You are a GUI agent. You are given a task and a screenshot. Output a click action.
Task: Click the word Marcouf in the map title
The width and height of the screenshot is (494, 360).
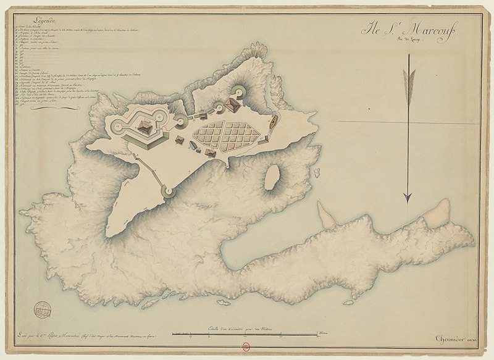click(437, 30)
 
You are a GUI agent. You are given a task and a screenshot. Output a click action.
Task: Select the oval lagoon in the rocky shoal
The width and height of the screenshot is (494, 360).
click(270, 177)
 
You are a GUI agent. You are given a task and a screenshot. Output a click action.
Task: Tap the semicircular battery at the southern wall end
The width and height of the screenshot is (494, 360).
click(167, 191)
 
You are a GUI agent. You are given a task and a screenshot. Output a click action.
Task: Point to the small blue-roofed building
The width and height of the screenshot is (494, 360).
click(193, 146)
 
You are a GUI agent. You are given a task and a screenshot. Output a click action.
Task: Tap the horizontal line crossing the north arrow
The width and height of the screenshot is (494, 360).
click(408, 122)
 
